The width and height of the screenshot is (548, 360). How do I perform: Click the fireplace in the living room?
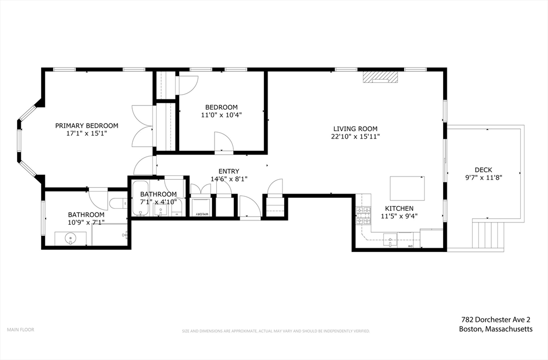(380, 77)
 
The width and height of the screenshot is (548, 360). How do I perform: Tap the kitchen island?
(407, 187)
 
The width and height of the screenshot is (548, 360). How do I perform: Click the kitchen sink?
(390, 240)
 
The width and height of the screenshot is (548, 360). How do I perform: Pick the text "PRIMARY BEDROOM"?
(87, 126)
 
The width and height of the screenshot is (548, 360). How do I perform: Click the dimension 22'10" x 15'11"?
(355, 136)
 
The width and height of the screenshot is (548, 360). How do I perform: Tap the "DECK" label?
(483, 170)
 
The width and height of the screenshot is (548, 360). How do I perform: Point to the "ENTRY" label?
(229, 171)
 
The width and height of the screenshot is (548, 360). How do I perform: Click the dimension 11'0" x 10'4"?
(221, 115)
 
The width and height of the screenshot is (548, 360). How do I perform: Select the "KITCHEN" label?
(399, 208)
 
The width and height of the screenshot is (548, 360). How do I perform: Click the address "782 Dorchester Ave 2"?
(496, 319)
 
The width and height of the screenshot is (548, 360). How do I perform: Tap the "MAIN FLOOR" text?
(20, 330)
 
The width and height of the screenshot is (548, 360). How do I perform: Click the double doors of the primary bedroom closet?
(142, 127)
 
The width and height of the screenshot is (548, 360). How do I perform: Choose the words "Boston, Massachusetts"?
(496, 330)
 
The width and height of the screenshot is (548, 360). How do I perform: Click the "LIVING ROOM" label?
(355, 128)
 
